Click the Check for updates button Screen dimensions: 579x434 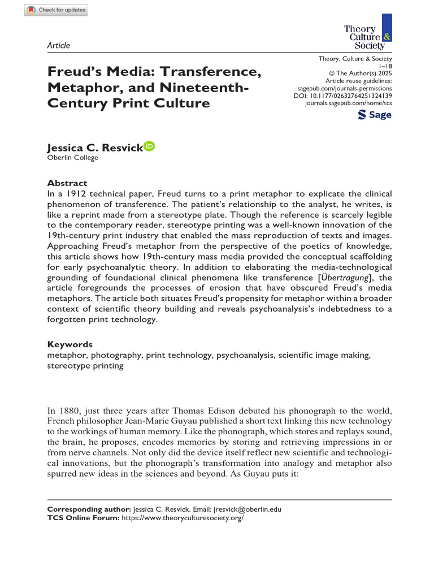(x=56, y=10)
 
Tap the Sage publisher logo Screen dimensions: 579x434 (x=375, y=115)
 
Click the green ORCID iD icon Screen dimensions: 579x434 (x=149, y=146)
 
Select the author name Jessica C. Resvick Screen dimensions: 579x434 (x=95, y=148)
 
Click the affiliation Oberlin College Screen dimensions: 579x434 (x=72, y=158)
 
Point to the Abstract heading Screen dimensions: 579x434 (x=67, y=183)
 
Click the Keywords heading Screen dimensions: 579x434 (x=70, y=344)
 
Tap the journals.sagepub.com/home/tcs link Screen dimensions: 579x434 (x=348, y=104)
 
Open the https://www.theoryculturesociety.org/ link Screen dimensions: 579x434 (x=183, y=517)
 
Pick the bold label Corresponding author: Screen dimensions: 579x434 (x=89, y=509)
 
